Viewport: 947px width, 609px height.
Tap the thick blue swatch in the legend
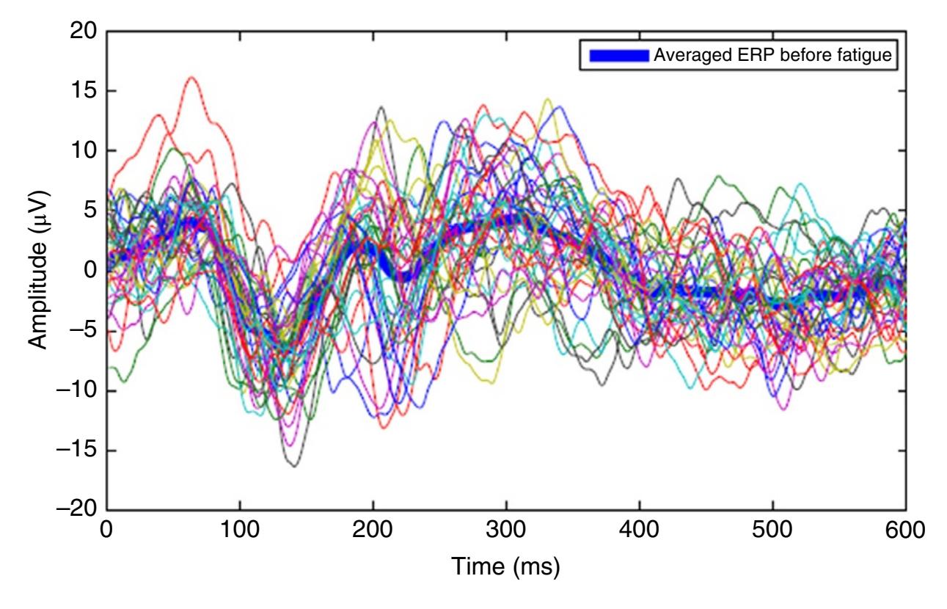619,54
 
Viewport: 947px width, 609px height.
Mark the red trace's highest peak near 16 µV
192,77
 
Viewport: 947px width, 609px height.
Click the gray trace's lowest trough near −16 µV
294,466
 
